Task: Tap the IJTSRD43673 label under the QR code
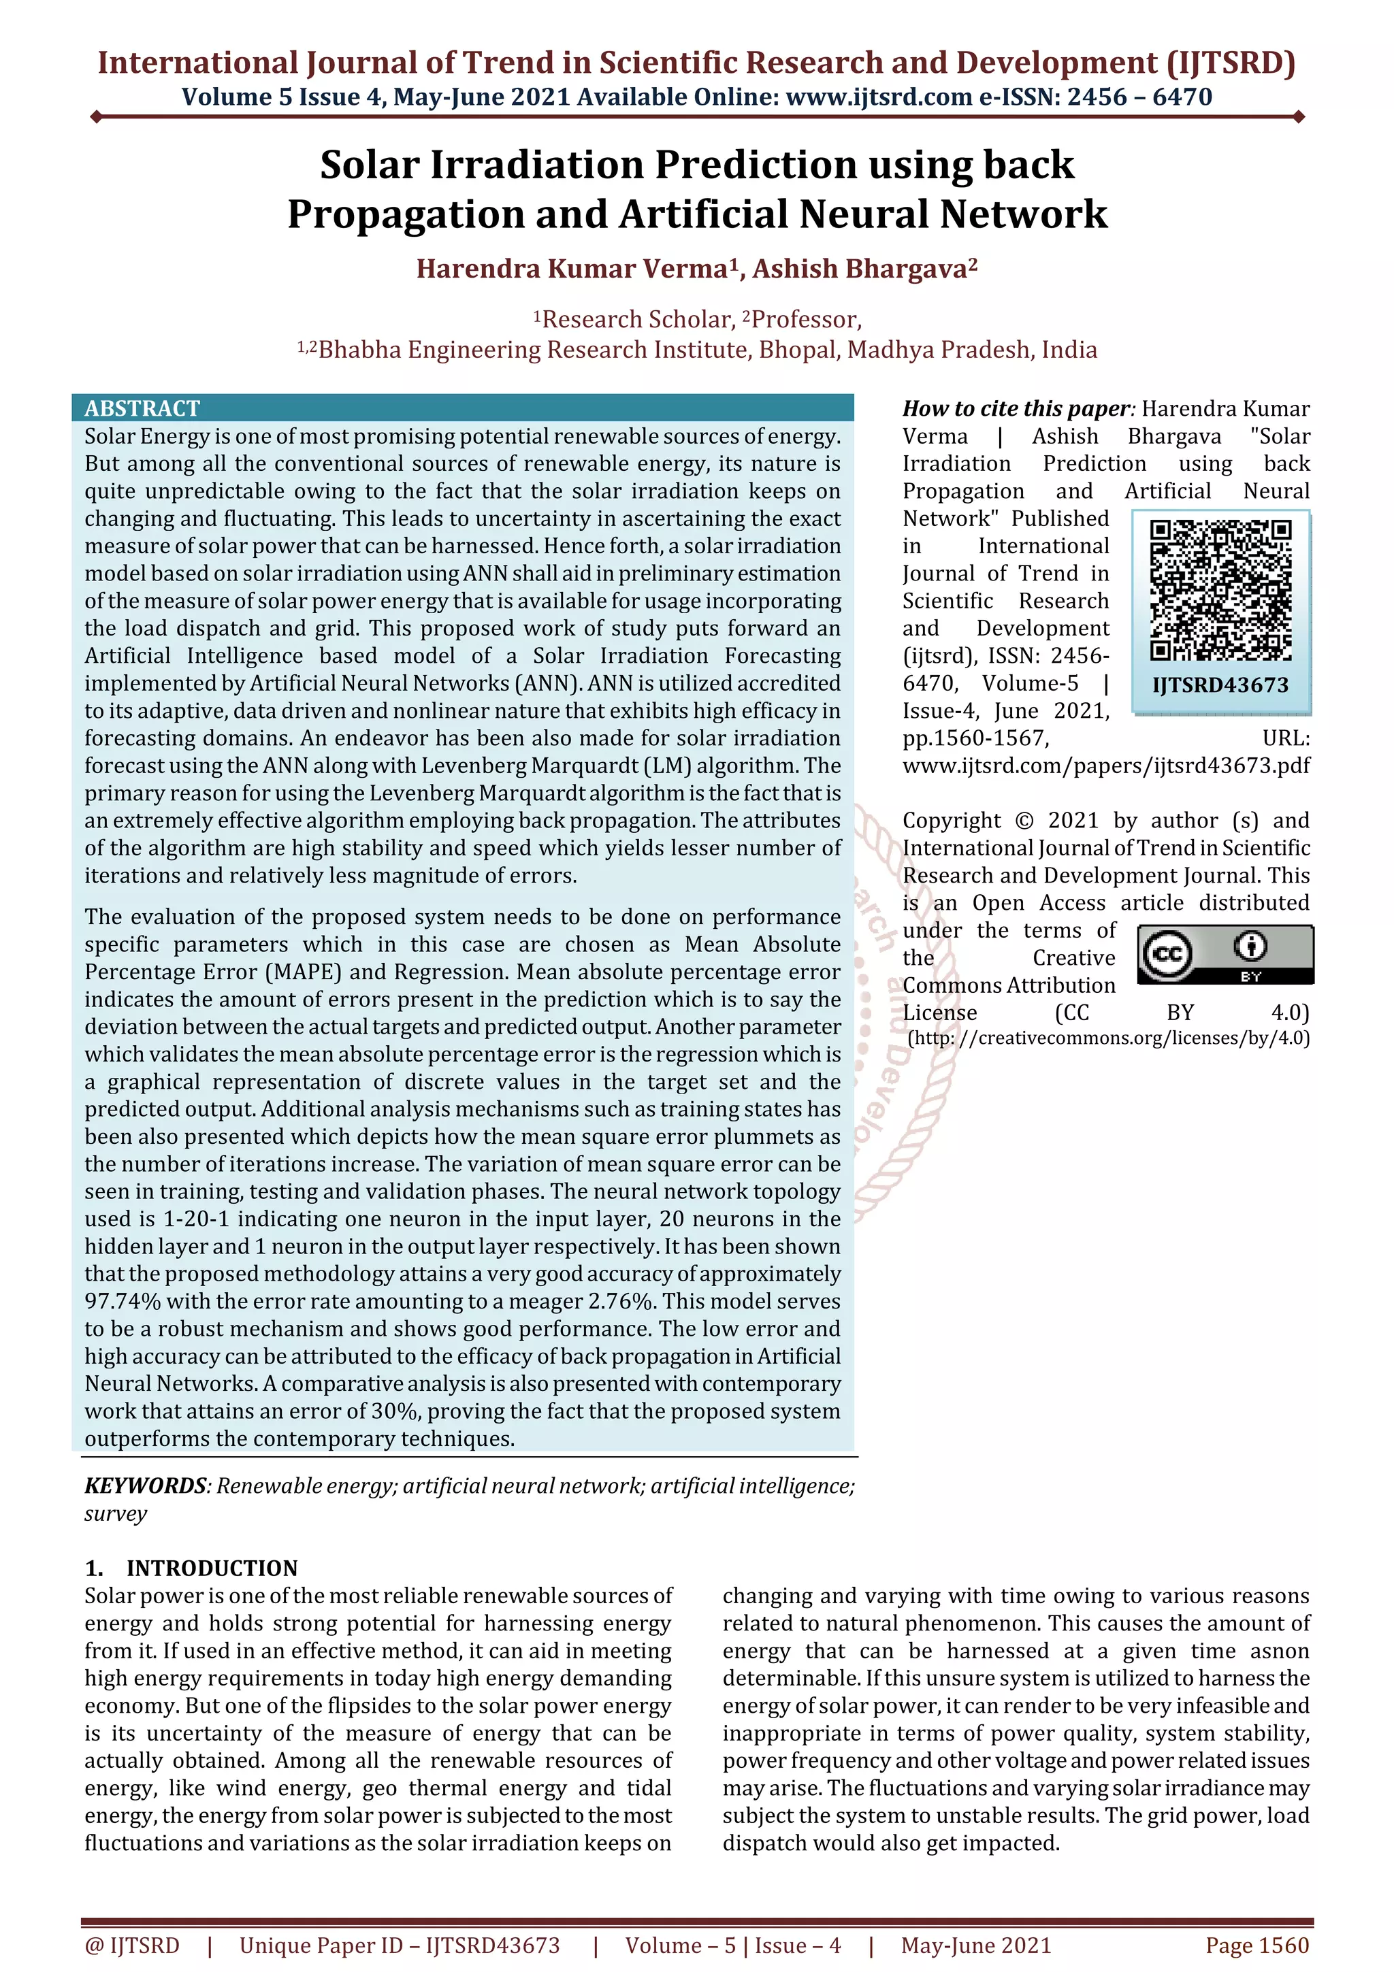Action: (x=1220, y=685)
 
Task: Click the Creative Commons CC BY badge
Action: (x=1225, y=954)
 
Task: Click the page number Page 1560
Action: (x=1257, y=1945)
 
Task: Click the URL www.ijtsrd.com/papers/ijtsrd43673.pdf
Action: (x=1105, y=766)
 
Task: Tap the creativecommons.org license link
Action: (x=1108, y=1038)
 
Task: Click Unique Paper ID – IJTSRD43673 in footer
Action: (x=400, y=1945)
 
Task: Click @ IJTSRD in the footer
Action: (x=132, y=1945)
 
